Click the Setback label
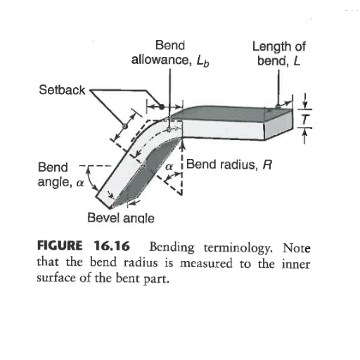[62, 90]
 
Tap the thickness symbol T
[304, 119]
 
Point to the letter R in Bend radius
[267, 165]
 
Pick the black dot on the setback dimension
[162, 107]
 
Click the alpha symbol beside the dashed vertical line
[169, 167]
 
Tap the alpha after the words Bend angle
[80, 183]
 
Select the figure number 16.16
[112, 246]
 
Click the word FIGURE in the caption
[60, 245]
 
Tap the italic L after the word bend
[297, 61]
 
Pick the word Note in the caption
[297, 247]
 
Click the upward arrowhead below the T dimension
[304, 133]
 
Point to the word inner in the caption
[296, 264]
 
